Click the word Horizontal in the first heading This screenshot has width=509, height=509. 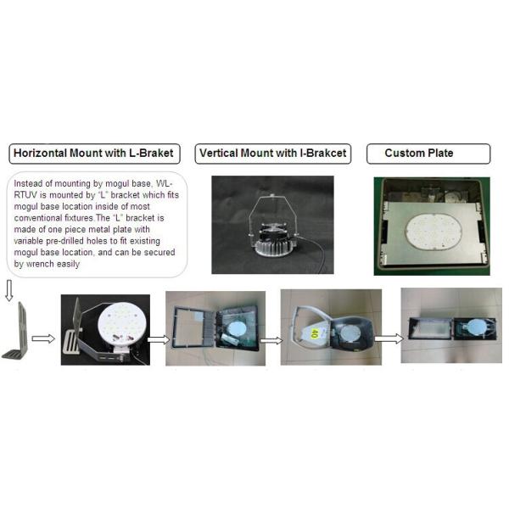(40, 154)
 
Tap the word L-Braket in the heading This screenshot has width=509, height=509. (151, 154)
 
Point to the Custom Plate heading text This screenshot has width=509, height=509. (419, 153)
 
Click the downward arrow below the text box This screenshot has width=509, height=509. (9, 290)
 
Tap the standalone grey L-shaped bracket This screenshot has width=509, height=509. (17, 331)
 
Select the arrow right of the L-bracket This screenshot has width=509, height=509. (43, 338)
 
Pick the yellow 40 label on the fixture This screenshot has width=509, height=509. (314, 333)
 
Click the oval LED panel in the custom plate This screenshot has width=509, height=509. (433, 232)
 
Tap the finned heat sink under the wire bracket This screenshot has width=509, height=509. (274, 247)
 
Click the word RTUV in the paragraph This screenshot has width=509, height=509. (25, 195)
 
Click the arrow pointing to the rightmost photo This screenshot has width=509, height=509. (389, 338)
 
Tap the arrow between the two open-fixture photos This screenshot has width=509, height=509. (271, 340)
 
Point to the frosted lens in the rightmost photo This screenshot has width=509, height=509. (430, 329)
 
